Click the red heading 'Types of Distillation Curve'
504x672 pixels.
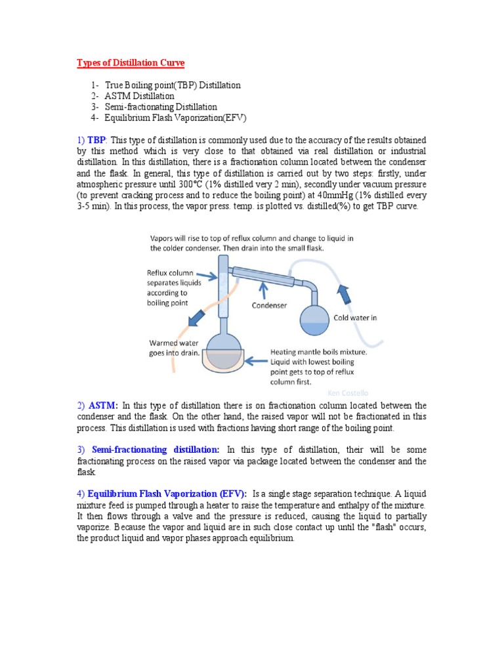click(131, 63)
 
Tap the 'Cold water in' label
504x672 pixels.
click(355, 318)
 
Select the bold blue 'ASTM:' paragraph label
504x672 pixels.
click(103, 406)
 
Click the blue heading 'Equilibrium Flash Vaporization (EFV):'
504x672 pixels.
click(167, 494)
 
